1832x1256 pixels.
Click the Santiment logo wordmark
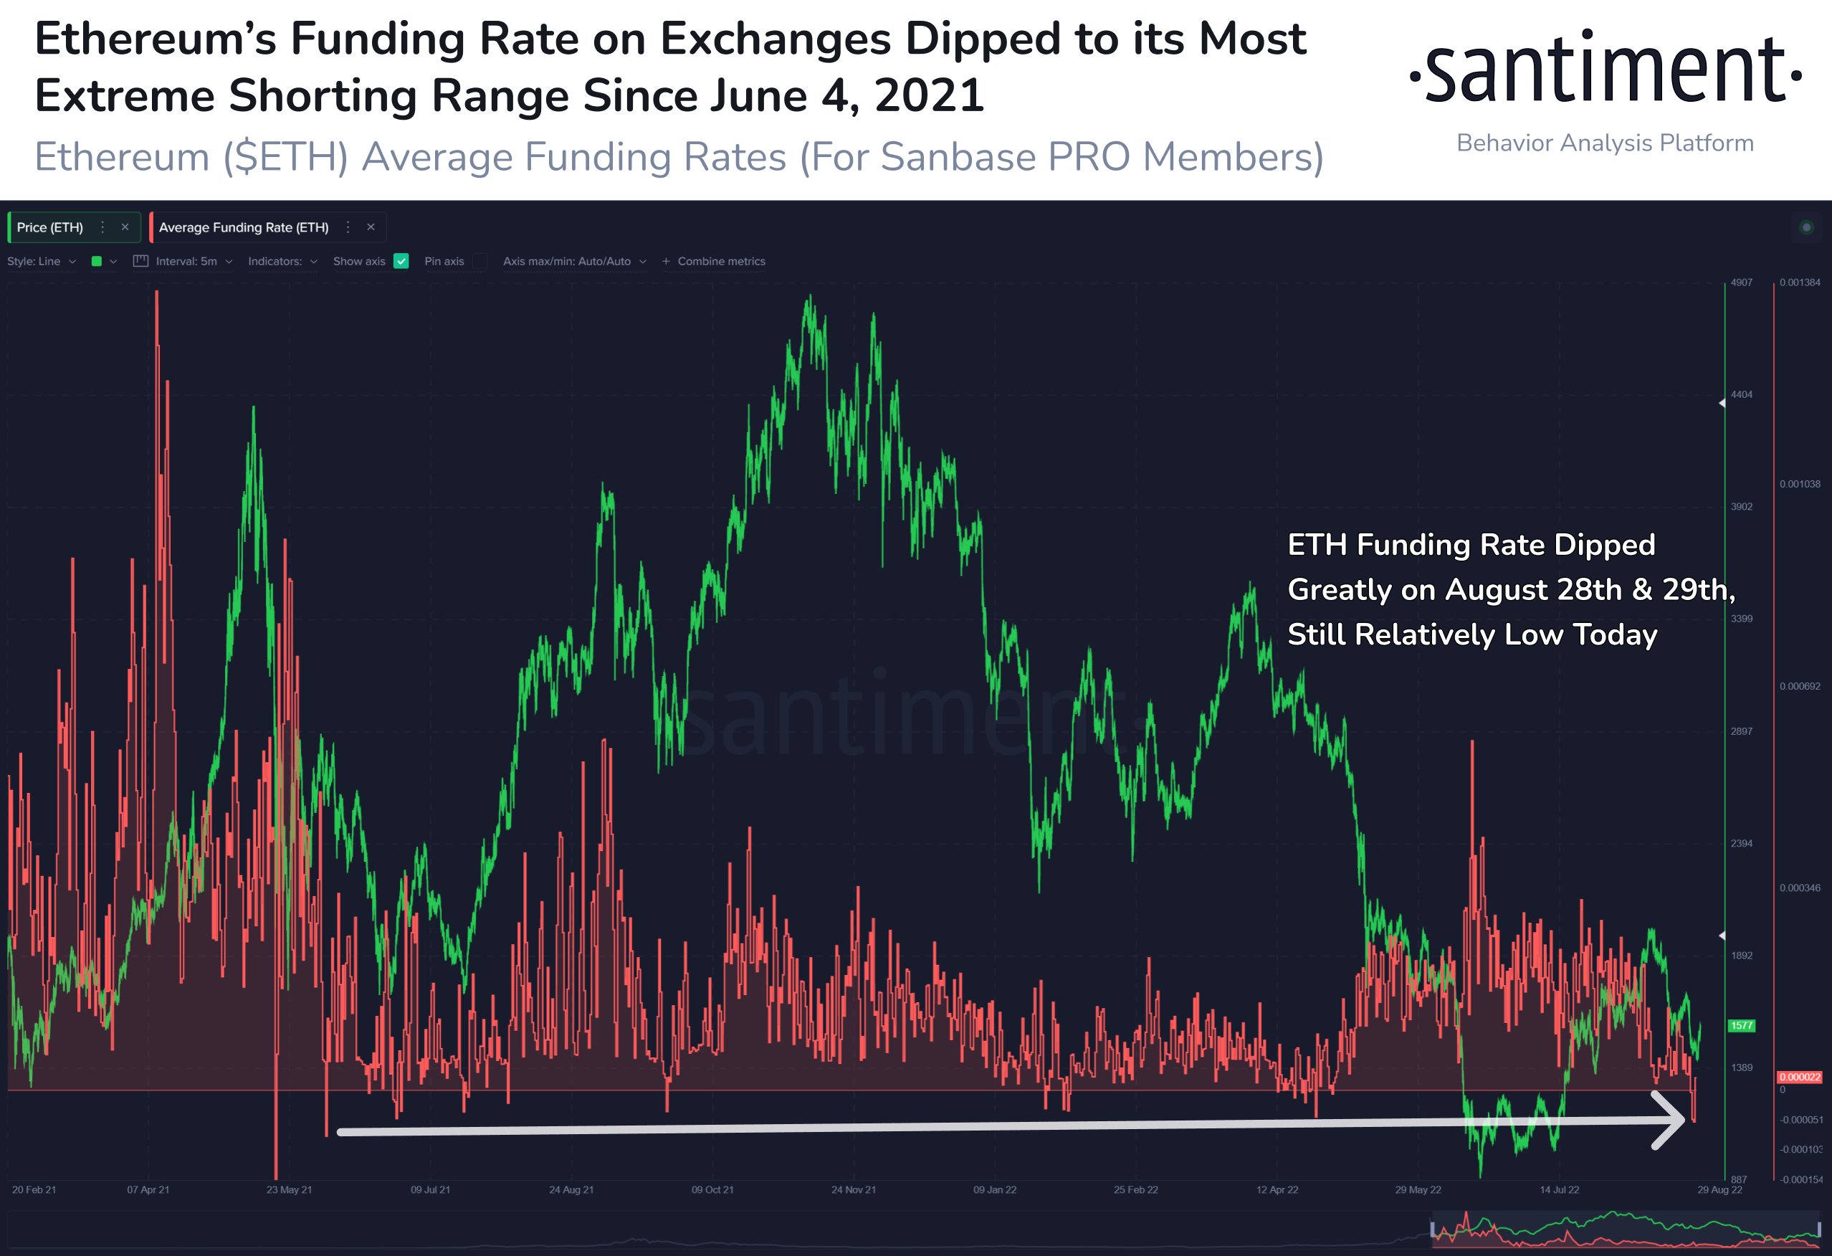pos(1605,69)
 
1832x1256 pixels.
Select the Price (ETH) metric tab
pos(49,227)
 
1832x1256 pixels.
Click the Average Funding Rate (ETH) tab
pos(244,227)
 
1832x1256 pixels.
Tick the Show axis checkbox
pos(401,261)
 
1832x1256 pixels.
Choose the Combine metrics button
pos(713,261)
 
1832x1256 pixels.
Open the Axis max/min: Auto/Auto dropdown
pos(575,261)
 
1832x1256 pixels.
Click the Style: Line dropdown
pos(41,261)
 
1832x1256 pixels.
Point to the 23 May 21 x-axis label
pos(289,1190)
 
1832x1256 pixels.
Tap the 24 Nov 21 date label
pos(854,1190)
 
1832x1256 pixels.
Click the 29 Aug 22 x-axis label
pos(1719,1190)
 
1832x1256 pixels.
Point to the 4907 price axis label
pos(1742,282)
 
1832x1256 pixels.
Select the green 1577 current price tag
pos(1742,1026)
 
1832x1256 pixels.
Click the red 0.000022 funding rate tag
pos(1800,1077)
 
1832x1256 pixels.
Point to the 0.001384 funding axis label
pos(1800,282)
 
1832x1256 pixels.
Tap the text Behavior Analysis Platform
pos(1605,143)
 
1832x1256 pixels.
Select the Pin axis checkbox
pos(480,261)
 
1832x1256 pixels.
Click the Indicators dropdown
pos(282,261)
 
